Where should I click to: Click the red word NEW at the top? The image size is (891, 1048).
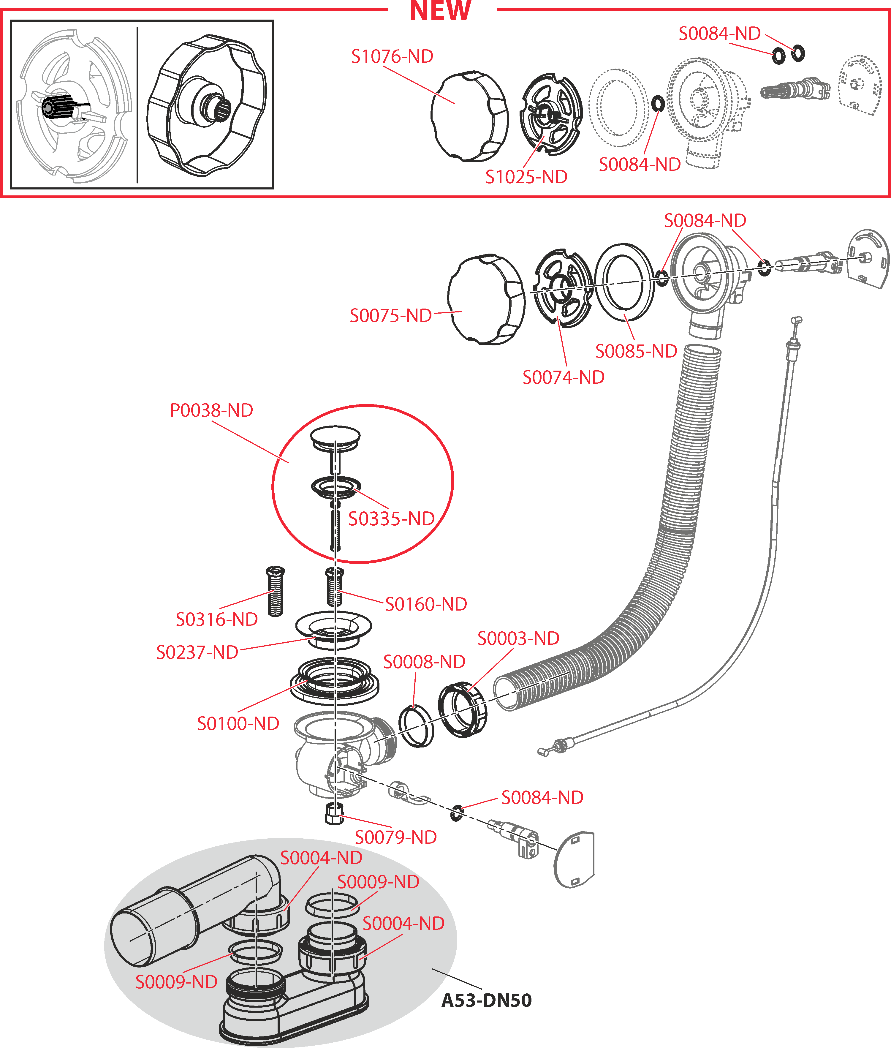(x=440, y=11)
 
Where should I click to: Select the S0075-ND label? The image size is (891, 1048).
(x=390, y=316)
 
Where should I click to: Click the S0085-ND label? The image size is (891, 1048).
(x=636, y=351)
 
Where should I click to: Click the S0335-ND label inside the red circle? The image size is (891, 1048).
(x=391, y=519)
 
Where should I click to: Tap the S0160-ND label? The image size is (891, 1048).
(x=426, y=604)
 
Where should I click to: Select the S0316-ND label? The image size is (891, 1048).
(x=217, y=619)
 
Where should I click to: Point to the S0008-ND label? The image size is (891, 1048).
(x=424, y=661)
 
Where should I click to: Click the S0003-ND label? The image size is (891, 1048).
(x=518, y=638)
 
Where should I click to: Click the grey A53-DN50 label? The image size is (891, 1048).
(x=486, y=1000)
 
